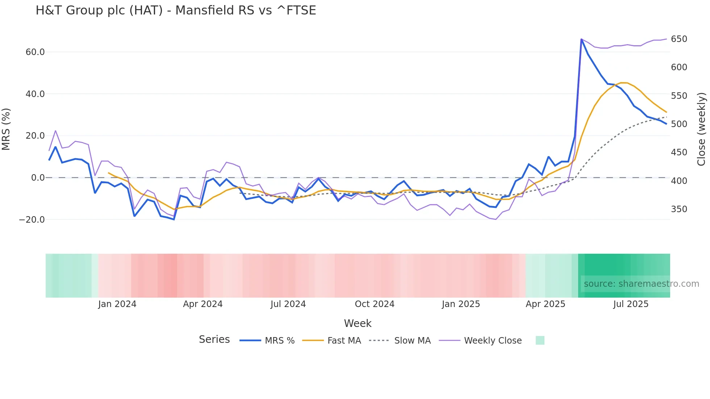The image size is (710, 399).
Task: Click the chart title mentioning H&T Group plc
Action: [176, 10]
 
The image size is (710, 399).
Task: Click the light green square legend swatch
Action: [540, 340]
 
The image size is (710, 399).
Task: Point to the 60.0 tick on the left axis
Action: [35, 52]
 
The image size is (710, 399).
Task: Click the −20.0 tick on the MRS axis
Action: [32, 220]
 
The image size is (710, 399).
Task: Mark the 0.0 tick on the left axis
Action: [38, 178]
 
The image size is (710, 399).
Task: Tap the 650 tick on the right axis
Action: [679, 39]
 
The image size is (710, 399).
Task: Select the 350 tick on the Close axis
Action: [679, 209]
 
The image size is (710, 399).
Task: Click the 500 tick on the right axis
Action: [679, 124]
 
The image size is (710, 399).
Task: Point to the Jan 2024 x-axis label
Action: [117, 304]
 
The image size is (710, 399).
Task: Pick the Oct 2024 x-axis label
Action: [375, 304]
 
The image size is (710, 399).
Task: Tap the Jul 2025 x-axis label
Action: [631, 304]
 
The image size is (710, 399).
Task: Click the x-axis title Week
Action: [358, 323]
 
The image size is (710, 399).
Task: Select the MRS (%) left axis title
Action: [6, 129]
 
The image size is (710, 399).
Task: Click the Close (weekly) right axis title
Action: [702, 129]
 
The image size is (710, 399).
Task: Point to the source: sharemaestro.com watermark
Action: [641, 284]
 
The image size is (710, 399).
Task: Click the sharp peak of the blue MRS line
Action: [581, 39]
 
